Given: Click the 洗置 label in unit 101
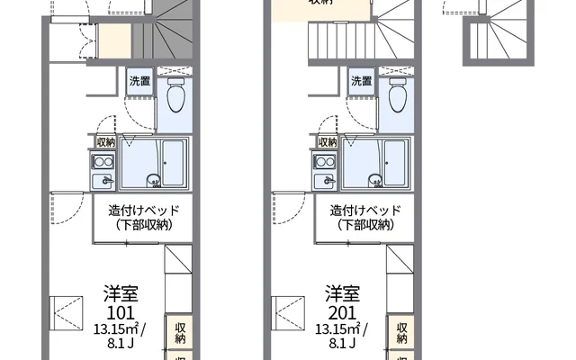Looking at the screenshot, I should pos(139,80).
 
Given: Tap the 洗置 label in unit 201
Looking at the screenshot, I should pos(362,80).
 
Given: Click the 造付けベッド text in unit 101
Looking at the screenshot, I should pos(144,210).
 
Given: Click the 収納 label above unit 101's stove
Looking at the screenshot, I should pos(104,141).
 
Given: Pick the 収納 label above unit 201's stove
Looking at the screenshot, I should pos(328,141).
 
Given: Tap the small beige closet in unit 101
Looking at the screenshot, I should pos(114,40).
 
